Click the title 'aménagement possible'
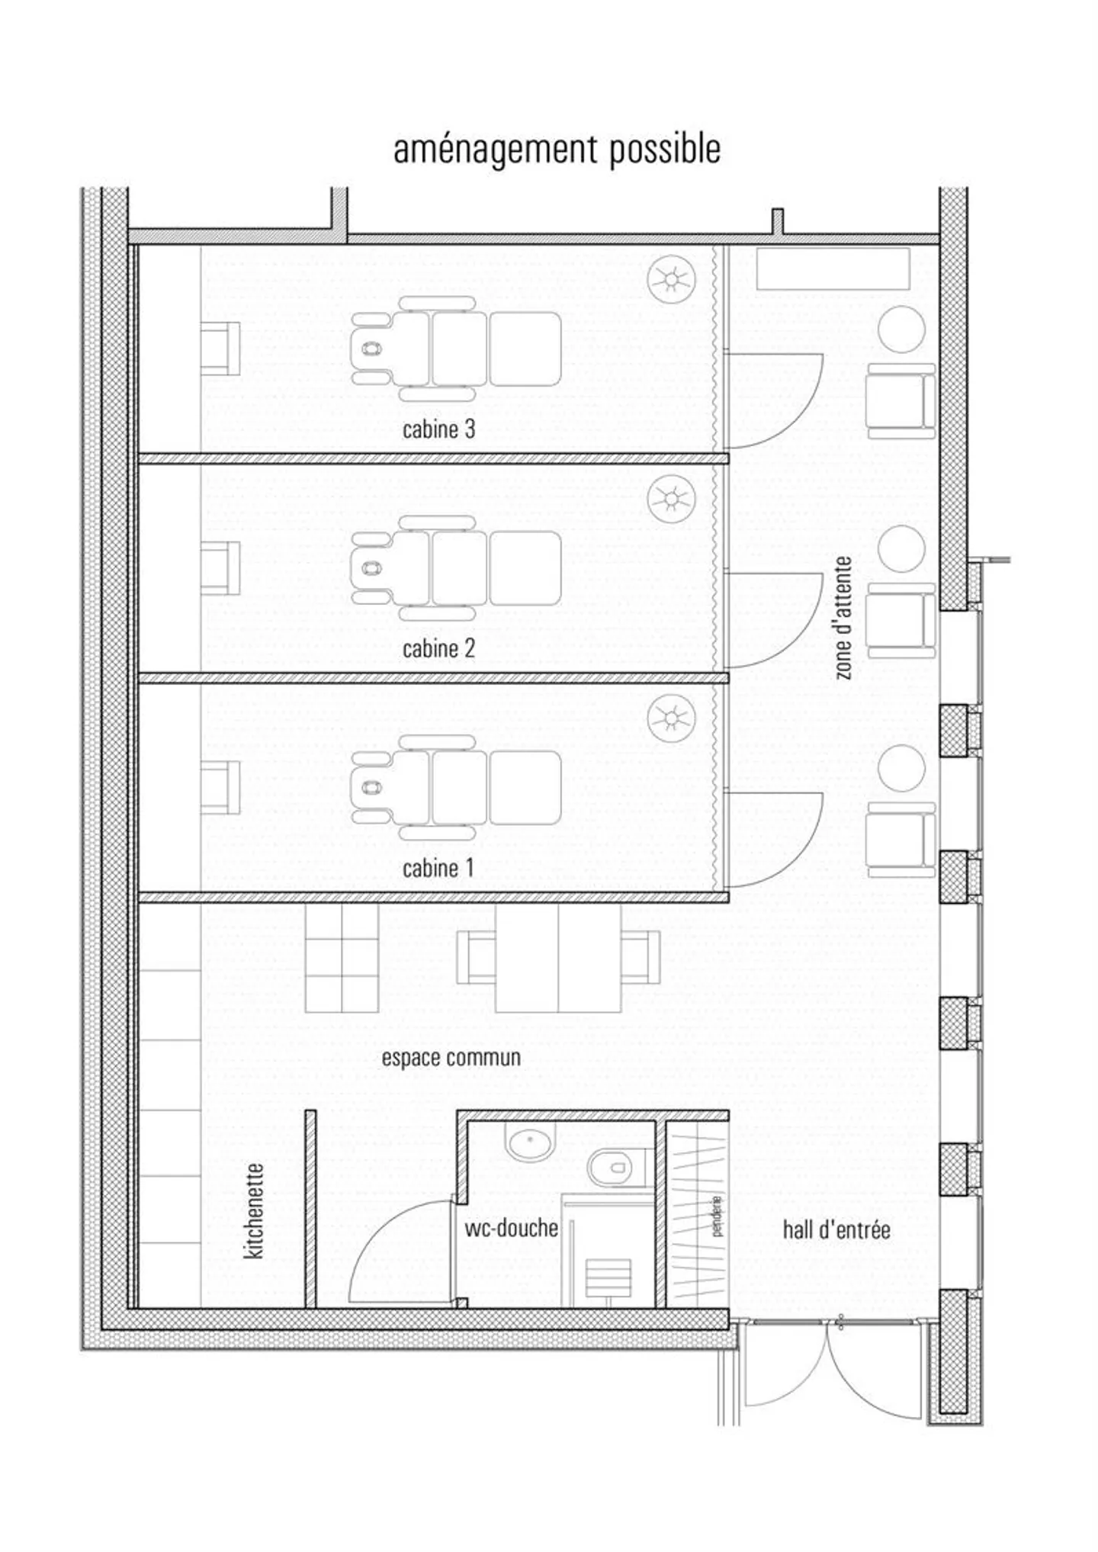click(557, 150)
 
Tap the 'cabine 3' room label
click(438, 429)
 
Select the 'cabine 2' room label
click(438, 648)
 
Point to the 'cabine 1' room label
click(438, 868)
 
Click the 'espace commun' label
click(451, 1058)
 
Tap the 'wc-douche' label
click(511, 1228)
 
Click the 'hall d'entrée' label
click(836, 1229)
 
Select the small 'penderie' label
click(716, 1216)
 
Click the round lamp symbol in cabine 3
click(671, 279)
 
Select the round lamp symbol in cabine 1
click(671, 718)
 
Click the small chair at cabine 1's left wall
click(220, 787)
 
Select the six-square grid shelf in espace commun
click(342, 958)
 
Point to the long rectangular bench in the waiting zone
click(833, 268)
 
